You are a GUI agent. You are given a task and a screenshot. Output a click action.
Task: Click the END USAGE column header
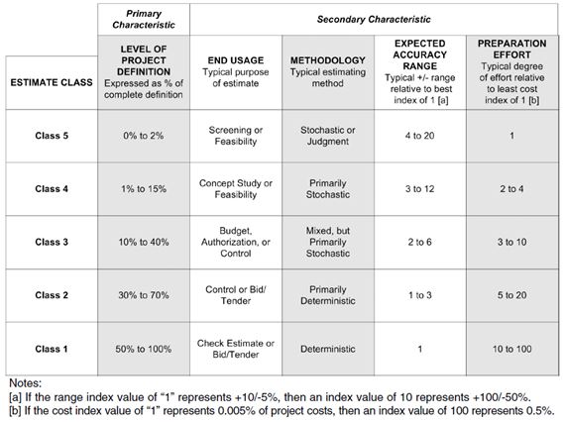235,60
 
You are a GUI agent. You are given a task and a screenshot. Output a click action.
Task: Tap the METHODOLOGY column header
326,60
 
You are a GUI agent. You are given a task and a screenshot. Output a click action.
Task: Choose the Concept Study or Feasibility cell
235,188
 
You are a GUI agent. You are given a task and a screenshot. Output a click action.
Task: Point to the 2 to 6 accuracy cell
419,241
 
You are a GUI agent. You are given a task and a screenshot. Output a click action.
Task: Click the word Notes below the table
24,381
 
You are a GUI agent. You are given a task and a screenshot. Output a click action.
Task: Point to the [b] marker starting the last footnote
15,411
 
